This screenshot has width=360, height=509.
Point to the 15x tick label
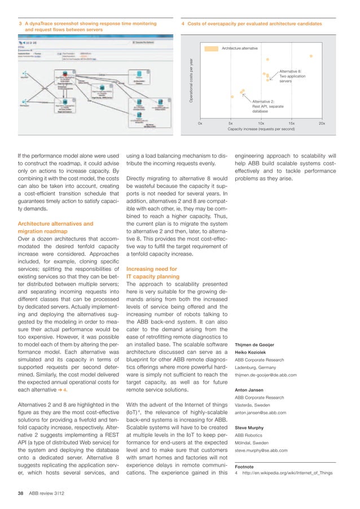pyautogui.click(x=291, y=122)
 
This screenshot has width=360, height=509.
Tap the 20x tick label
pyautogui.click(x=322, y=122)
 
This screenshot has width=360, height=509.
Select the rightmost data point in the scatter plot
pyautogui.click(x=311, y=55)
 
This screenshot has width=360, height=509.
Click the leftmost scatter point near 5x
pyautogui.click(x=232, y=96)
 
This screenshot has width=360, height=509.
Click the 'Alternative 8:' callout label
pyautogui.click(x=291, y=71)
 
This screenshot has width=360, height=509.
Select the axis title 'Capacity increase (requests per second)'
pyautogui.click(x=261, y=129)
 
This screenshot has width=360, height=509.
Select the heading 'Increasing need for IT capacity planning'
pyautogui.click(x=160, y=273)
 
